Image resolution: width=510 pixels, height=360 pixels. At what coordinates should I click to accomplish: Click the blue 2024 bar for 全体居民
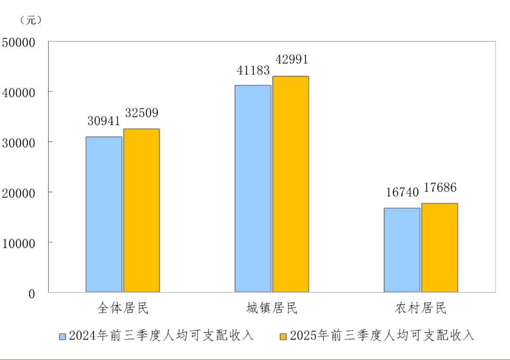pyautogui.click(x=104, y=214)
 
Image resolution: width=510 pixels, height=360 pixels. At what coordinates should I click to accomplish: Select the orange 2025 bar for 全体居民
pyautogui.click(x=142, y=210)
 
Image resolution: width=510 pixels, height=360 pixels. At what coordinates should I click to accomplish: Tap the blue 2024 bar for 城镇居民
pyautogui.click(x=253, y=189)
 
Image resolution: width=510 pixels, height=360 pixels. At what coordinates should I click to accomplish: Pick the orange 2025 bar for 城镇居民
pyautogui.click(x=291, y=184)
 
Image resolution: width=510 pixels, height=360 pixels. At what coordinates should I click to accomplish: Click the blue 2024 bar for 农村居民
pyautogui.click(x=402, y=250)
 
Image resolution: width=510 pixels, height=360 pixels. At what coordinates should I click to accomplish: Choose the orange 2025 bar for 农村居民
pyautogui.click(x=440, y=248)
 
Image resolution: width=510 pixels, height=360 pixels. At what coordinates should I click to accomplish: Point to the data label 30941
pyautogui.click(x=104, y=121)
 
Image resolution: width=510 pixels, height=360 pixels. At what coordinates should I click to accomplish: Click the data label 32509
pyautogui.click(x=142, y=113)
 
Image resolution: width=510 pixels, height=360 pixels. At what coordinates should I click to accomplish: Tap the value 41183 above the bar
pyautogui.click(x=253, y=70)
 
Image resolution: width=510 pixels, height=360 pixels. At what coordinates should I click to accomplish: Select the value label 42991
pyautogui.click(x=291, y=60)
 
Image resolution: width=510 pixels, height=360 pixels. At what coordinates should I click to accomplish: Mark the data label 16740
pyautogui.click(x=402, y=192)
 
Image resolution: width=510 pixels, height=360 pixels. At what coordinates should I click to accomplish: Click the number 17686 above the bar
pyautogui.click(x=440, y=188)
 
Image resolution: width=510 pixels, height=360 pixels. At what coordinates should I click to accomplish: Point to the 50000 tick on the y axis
pyautogui.click(x=19, y=43)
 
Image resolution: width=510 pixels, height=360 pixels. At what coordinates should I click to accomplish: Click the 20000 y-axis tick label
pyautogui.click(x=19, y=193)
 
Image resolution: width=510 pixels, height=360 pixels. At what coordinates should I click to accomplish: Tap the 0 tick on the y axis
pyautogui.click(x=32, y=294)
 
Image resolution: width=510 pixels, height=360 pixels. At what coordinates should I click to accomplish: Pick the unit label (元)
pyautogui.click(x=31, y=20)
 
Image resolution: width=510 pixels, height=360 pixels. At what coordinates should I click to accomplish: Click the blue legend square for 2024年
pyautogui.click(x=62, y=336)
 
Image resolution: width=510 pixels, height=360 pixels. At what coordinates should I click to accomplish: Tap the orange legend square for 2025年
pyautogui.click(x=283, y=336)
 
